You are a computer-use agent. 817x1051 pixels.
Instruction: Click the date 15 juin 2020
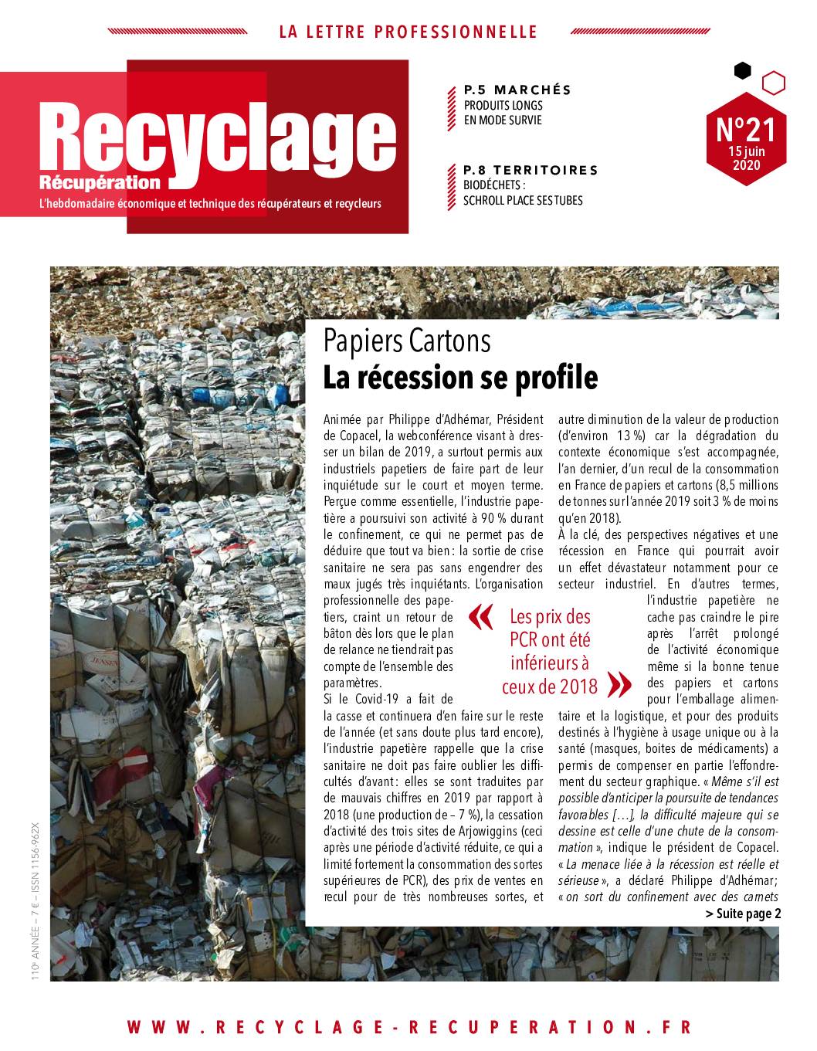click(x=746, y=159)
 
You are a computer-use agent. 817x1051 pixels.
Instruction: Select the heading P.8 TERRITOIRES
click(x=530, y=170)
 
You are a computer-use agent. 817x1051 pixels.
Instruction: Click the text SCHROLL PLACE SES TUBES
click(x=523, y=201)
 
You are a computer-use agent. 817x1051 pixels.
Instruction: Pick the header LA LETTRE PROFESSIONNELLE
click(x=408, y=32)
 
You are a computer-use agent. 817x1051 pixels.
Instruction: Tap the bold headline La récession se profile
click(x=460, y=378)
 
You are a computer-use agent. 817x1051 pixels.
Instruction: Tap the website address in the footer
click(x=408, y=1027)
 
